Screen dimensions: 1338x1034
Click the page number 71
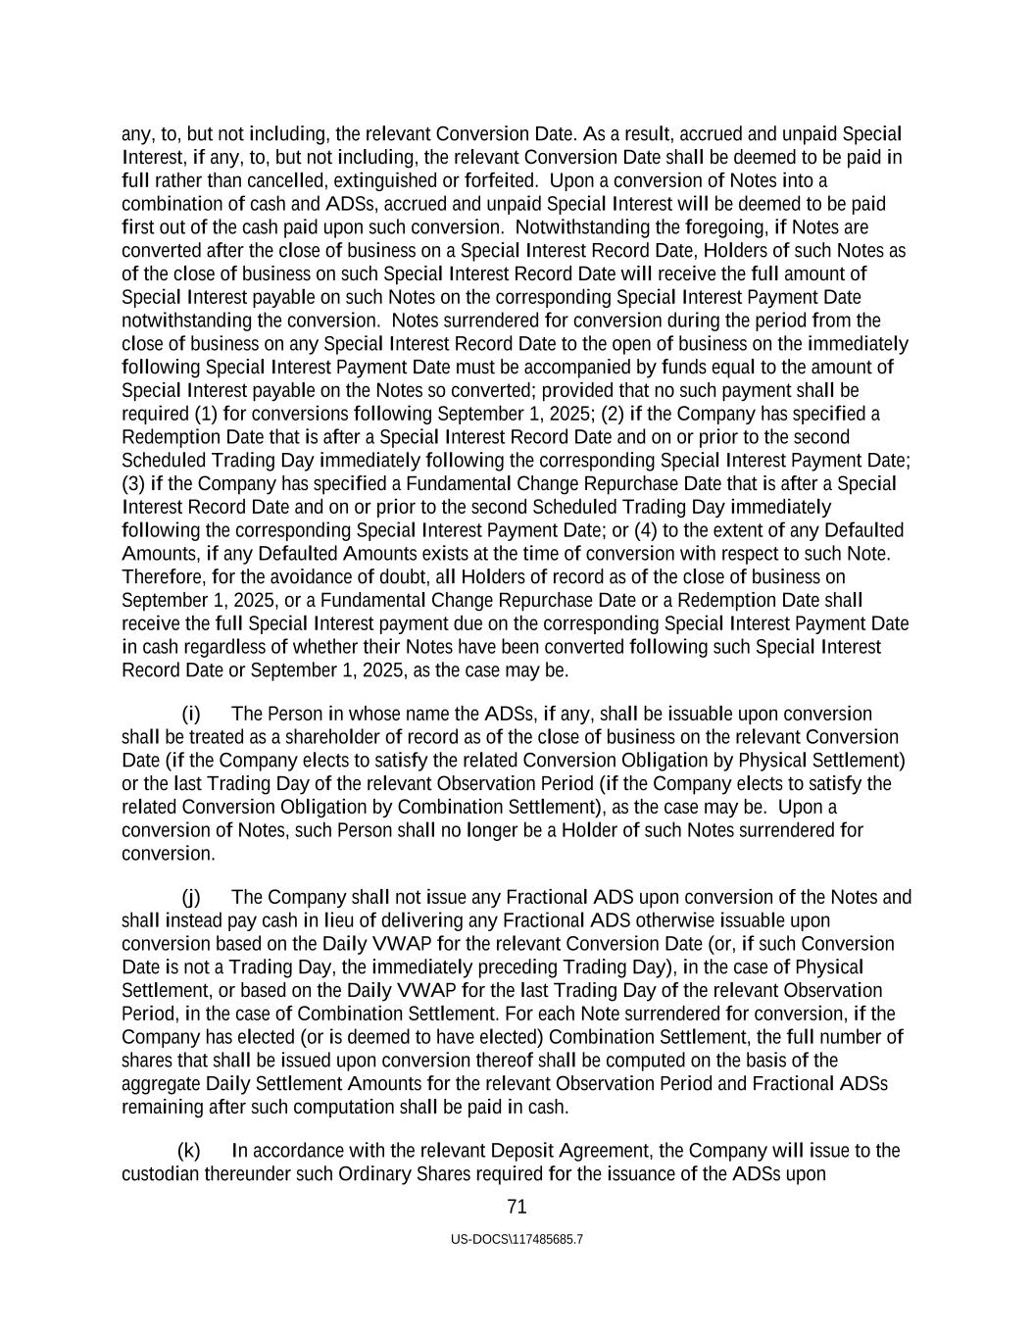[517, 1207]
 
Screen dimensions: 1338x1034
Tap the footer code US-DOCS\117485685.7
[517, 1239]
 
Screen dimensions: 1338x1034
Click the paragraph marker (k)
[189, 1150]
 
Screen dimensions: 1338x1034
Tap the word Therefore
[161, 576]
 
